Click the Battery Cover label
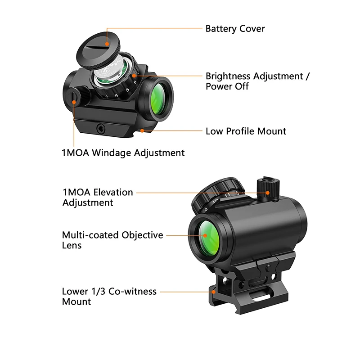[x=235, y=29]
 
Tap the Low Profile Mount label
[x=246, y=131]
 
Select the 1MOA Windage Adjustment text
[x=123, y=153]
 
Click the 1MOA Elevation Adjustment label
[x=97, y=197]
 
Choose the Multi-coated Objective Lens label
[x=112, y=240]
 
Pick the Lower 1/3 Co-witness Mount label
[x=109, y=296]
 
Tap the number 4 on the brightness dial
[x=117, y=95]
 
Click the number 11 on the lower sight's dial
[x=228, y=195]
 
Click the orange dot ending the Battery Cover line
[x=107, y=44]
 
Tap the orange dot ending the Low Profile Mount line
[x=142, y=131]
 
